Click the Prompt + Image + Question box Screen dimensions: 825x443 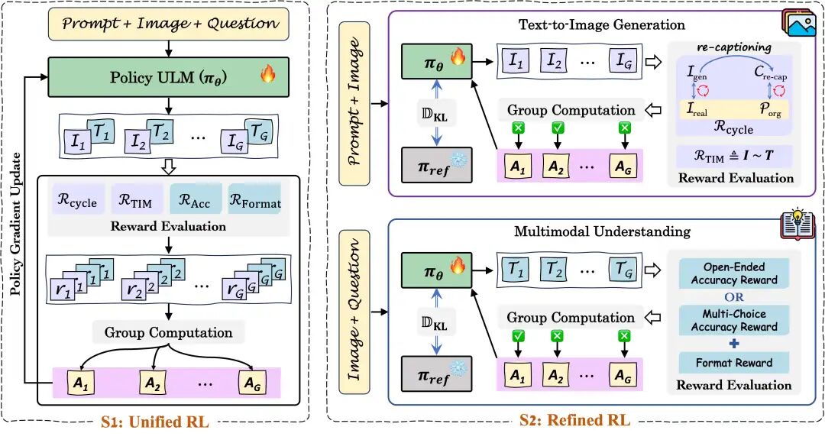[168, 24]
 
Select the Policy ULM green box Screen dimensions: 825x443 [168, 77]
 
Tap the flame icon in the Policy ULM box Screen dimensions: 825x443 [268, 73]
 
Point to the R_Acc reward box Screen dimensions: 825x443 [196, 199]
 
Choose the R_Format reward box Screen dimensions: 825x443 [254, 199]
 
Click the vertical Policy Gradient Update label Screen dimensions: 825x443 [16, 224]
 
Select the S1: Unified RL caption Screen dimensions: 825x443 [155, 422]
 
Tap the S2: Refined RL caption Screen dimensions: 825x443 [574, 420]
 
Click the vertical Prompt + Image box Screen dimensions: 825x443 [354, 104]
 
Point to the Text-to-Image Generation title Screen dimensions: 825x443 [601, 24]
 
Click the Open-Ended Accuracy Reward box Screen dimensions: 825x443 [734, 273]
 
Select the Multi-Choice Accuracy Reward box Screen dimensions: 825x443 [734, 321]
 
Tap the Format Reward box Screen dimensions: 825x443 [734, 363]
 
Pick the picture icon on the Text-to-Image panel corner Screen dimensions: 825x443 [799, 23]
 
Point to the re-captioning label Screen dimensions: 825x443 [734, 47]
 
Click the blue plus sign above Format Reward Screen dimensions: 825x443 [734, 344]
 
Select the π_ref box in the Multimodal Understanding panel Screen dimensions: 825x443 [436, 374]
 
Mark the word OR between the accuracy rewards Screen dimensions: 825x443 [734, 297]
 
